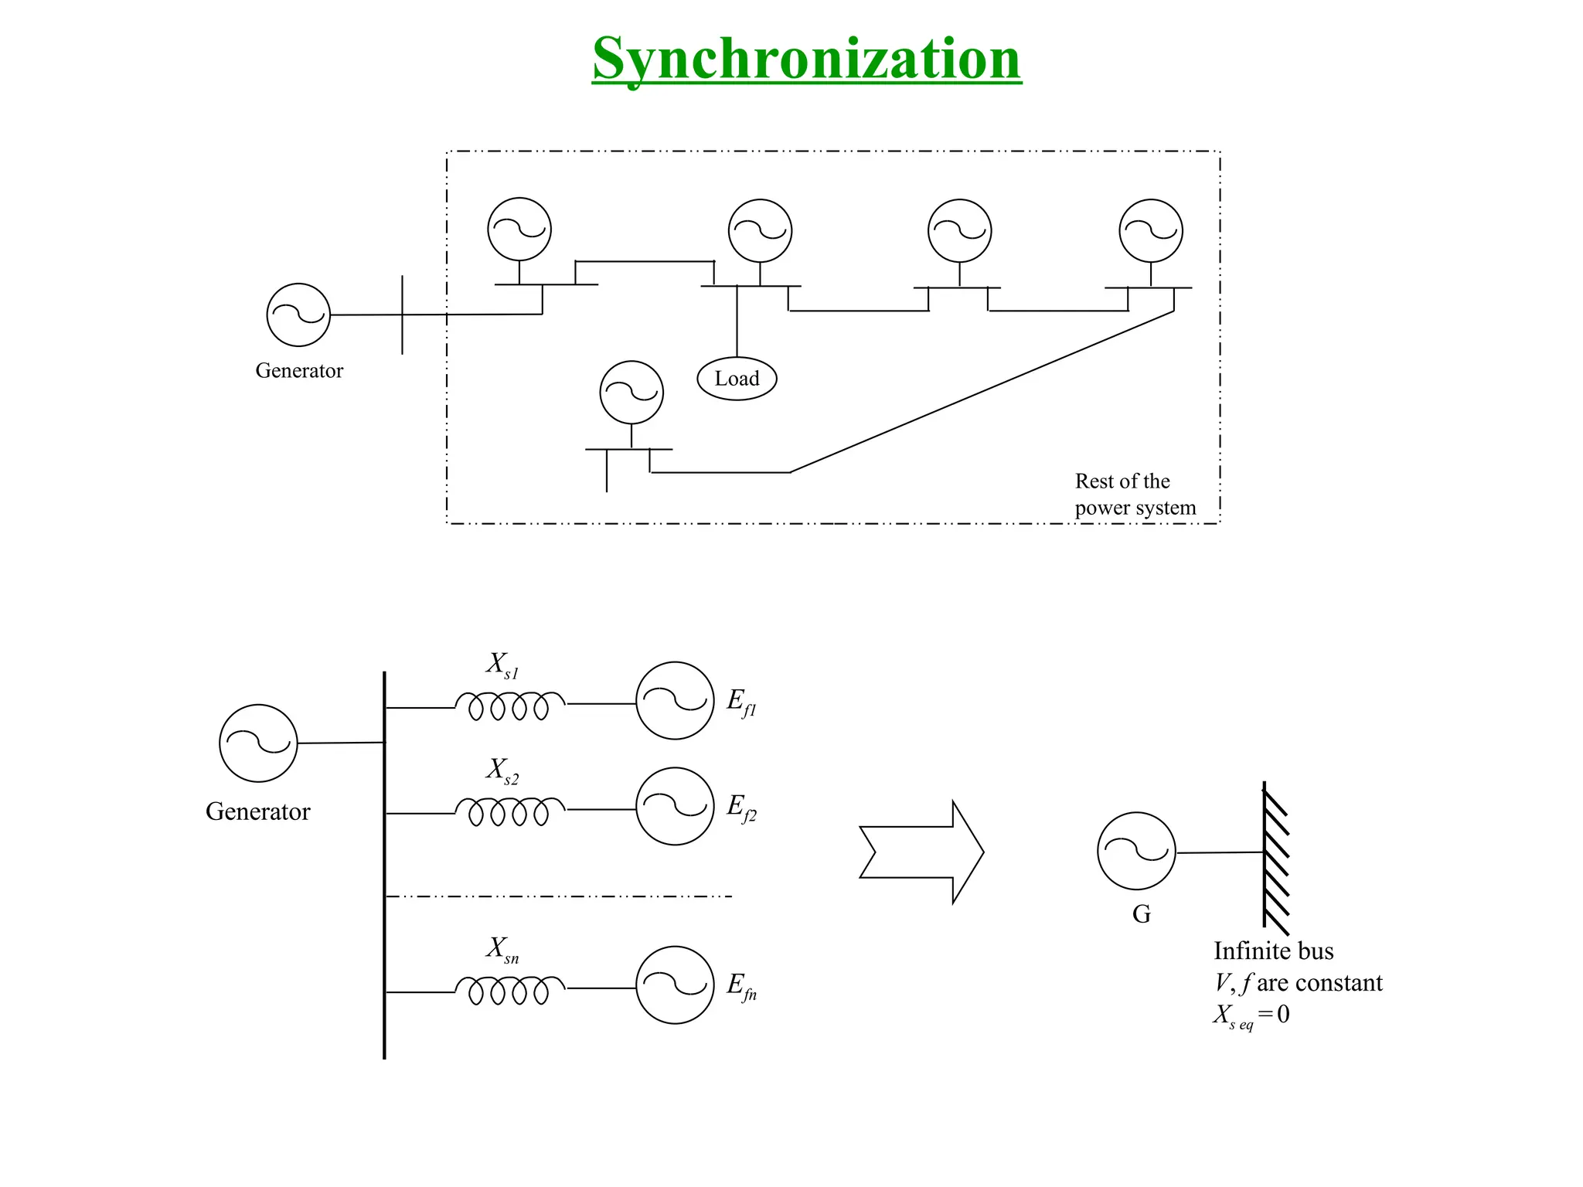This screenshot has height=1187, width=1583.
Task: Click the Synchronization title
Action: pos(806,59)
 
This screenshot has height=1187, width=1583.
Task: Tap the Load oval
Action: pos(737,379)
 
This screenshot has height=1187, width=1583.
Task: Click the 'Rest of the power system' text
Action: pos(1135,495)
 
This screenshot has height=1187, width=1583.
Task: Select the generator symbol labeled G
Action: pos(1136,851)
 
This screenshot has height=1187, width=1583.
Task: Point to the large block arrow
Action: pos(921,852)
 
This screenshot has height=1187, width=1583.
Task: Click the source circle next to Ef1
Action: pos(675,701)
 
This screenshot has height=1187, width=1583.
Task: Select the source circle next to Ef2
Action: pos(675,806)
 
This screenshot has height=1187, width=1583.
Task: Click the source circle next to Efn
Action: pos(675,985)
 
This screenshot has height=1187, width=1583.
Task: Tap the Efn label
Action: pos(741,986)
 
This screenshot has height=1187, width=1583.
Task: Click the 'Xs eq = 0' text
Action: pos(1251,1015)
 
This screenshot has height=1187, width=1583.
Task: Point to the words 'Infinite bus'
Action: pos(1273,951)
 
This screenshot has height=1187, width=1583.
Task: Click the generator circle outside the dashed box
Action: pos(298,315)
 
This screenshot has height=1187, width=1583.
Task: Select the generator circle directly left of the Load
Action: pos(631,393)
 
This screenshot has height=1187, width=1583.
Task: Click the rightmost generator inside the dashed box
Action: pos(1151,230)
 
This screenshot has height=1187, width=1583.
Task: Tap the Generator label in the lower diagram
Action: pos(257,811)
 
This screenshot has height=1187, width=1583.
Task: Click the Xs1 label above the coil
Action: pos(502,665)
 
